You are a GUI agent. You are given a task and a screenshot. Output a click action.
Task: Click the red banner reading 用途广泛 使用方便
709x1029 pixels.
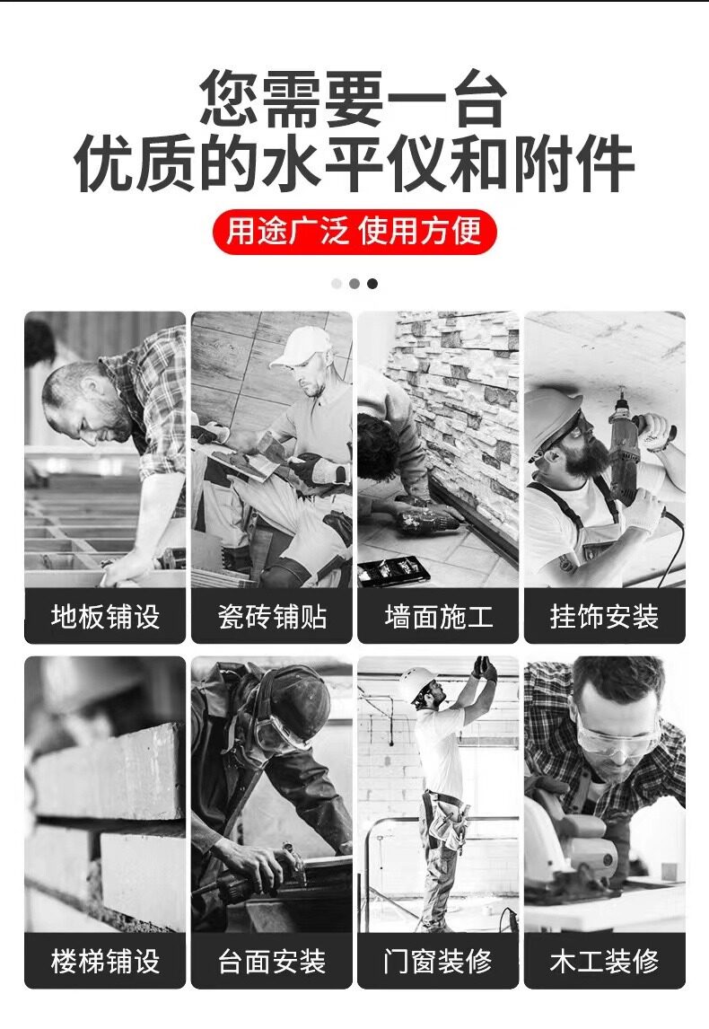[354, 232]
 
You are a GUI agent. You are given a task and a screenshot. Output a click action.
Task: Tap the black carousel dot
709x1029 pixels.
[372, 284]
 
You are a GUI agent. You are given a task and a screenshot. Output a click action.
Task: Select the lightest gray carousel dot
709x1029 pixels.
[337, 284]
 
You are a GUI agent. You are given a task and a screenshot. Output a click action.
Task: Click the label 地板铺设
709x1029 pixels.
[105, 617]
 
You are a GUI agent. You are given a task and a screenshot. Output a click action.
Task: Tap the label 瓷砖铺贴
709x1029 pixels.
[272, 617]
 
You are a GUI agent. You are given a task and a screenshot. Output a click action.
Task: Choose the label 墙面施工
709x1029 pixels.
[438, 617]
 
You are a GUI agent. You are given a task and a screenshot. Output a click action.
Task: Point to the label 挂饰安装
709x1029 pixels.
[605, 617]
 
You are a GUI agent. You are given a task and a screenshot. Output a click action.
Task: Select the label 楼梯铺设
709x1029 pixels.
[105, 962]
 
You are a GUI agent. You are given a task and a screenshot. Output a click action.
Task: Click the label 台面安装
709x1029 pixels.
[272, 962]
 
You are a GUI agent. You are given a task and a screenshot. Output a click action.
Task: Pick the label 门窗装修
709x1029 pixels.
[438, 962]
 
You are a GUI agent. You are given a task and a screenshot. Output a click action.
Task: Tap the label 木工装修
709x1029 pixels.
[605, 962]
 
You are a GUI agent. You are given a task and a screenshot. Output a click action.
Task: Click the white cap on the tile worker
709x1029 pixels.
[301, 347]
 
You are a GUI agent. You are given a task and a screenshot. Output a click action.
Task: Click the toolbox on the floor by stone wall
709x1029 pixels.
[393, 570]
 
